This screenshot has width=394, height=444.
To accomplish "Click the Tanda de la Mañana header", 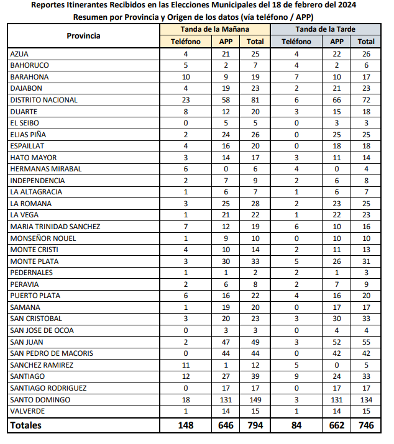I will coord(215,29).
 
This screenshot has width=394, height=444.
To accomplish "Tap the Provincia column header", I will coord(83,35).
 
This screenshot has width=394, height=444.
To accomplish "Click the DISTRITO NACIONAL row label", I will coord(44,100).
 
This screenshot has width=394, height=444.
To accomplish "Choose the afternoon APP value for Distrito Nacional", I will coord(337,100).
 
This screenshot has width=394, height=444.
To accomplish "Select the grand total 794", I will coord(255,425).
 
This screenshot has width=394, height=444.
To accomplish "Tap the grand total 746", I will coord(366,425).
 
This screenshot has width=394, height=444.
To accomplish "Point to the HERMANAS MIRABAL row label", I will coord(47,169).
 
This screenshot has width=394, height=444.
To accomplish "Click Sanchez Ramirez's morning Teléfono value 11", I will coord(185,365).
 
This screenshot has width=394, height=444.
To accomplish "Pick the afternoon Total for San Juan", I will coord(366,342).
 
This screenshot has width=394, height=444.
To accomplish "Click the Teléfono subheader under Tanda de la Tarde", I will coord(296,42).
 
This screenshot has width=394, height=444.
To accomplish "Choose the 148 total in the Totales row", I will coord(185,425).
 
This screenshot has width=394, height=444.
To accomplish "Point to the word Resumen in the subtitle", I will coord(91,17).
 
